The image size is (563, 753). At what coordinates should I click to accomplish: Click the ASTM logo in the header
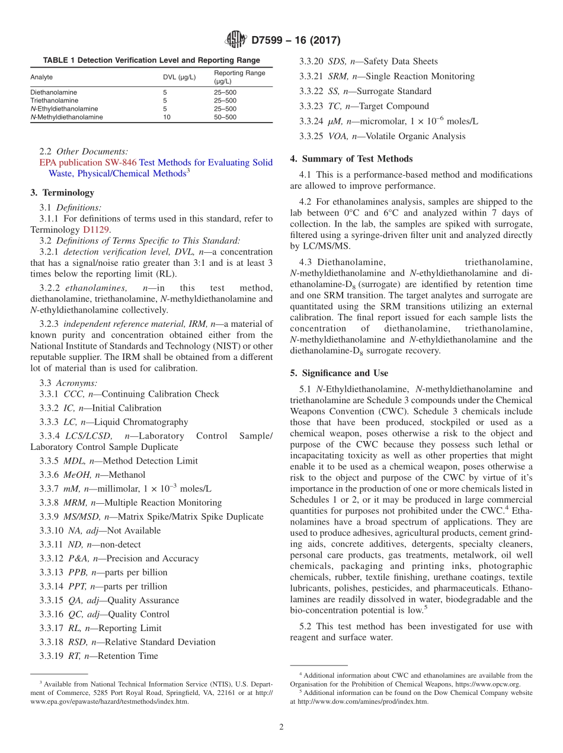236,40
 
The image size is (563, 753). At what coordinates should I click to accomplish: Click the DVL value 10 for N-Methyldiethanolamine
167,117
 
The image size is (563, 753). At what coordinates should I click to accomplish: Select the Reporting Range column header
239,77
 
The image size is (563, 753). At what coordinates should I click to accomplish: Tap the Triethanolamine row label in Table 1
54,101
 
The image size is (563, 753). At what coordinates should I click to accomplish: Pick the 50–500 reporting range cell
225,117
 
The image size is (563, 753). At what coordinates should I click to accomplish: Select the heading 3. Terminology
62,192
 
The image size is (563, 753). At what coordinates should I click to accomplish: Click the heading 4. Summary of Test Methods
351,159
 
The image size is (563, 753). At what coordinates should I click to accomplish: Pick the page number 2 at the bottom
281,727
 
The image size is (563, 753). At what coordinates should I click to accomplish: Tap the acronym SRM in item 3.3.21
338,76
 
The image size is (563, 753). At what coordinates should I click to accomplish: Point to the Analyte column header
41,77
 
